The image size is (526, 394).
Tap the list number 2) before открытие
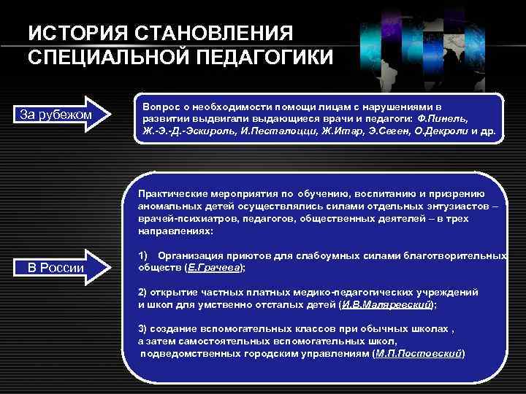pyautogui.click(x=143, y=292)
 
